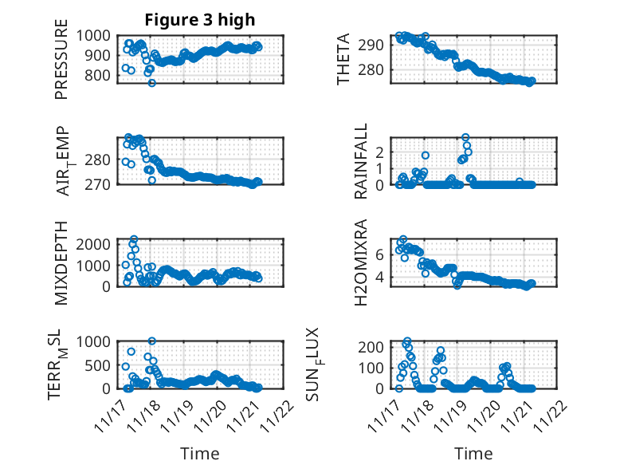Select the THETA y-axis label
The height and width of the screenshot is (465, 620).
344,59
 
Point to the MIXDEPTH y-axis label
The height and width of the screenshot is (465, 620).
61,263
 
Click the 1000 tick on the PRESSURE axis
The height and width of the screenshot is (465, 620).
98,35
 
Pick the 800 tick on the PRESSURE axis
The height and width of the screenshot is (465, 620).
101,76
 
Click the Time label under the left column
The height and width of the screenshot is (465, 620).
199,454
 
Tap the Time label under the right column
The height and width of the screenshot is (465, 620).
473,454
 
